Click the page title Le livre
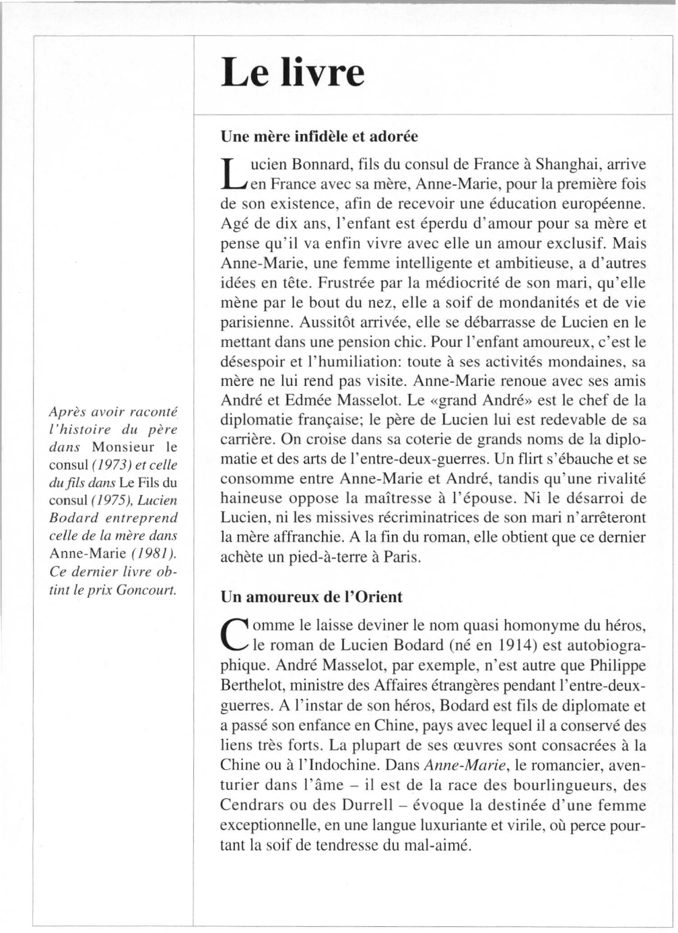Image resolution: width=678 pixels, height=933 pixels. coord(293,73)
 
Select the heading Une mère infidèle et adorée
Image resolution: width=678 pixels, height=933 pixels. coord(319,136)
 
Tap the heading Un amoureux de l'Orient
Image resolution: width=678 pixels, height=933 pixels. coord(311,597)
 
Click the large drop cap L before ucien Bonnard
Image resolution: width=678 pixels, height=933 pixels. coord(230,174)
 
